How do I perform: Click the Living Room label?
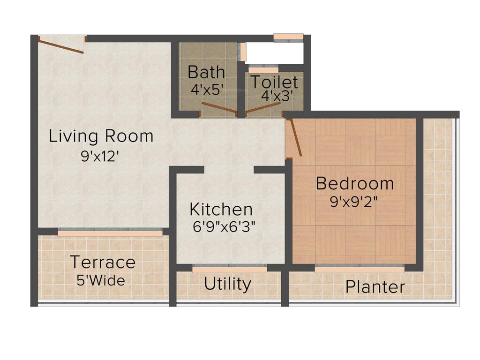point(101,136)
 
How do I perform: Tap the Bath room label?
point(206,72)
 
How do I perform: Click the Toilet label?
point(274,82)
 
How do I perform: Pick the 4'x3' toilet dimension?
point(277,96)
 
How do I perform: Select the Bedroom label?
point(355,183)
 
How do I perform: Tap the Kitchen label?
point(221,209)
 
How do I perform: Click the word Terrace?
point(103,262)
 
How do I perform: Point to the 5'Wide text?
point(101,280)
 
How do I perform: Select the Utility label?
point(227,284)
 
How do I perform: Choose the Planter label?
point(375,287)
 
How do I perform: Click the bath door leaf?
point(219,108)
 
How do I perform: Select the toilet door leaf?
point(262,108)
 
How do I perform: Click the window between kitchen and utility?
point(230,269)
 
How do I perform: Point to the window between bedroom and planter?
point(359,269)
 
